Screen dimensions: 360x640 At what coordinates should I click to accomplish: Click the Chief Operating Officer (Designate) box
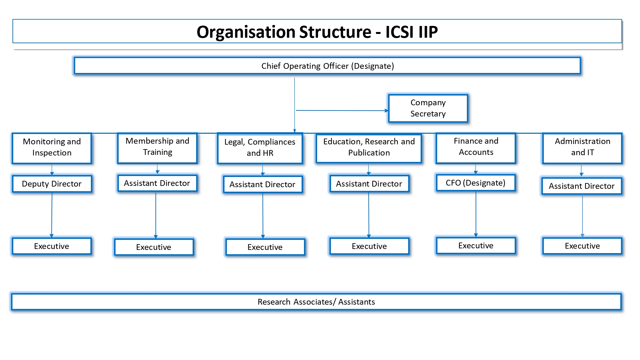coord(327,66)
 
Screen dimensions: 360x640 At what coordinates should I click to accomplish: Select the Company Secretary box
coord(428,108)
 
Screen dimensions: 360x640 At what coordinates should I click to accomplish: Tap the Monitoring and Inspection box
coord(52,148)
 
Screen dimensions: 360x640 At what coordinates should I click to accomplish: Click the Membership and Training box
coord(157,148)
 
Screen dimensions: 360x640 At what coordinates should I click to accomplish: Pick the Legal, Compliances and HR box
coord(260,148)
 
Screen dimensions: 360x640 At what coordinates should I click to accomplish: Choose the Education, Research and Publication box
coord(369,148)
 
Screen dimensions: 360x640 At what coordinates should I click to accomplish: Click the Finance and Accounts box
coord(476,148)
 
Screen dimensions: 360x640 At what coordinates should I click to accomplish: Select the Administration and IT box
coord(582,148)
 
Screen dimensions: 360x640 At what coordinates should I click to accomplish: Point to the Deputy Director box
coord(52,184)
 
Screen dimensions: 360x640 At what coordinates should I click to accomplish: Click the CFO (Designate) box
coord(476,183)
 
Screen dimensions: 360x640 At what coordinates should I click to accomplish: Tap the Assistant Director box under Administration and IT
coord(581,186)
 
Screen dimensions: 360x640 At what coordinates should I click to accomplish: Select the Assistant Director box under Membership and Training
coord(157,183)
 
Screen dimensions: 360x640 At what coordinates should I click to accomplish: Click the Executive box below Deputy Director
coord(52,246)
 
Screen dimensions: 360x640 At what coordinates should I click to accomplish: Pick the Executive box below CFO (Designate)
coord(476,245)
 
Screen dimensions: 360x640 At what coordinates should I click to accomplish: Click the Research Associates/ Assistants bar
coord(316,302)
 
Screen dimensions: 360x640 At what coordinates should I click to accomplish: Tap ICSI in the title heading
coord(400,32)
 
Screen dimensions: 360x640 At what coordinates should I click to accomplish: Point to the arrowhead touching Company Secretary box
coord(387,111)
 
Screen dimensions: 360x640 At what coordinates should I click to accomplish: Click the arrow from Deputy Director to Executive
coord(52,214)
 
